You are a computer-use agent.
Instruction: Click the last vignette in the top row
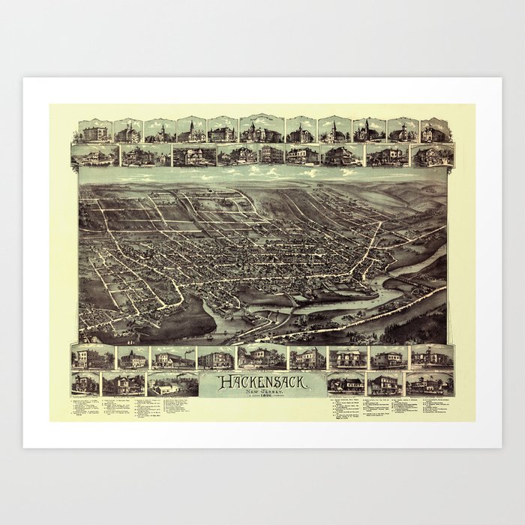pos(435,130)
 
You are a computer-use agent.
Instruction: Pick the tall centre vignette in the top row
pos(262,129)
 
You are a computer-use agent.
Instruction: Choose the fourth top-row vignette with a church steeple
pos(190,130)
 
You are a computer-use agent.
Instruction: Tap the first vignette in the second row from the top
pos(95,155)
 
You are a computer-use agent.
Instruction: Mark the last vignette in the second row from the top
pos(433,155)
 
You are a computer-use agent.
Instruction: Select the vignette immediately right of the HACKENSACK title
pos(346,383)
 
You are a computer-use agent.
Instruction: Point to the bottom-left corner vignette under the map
pos(85,383)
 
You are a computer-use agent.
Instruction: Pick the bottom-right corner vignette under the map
pos(430,383)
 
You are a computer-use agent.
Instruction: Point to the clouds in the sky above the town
pos(262,174)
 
